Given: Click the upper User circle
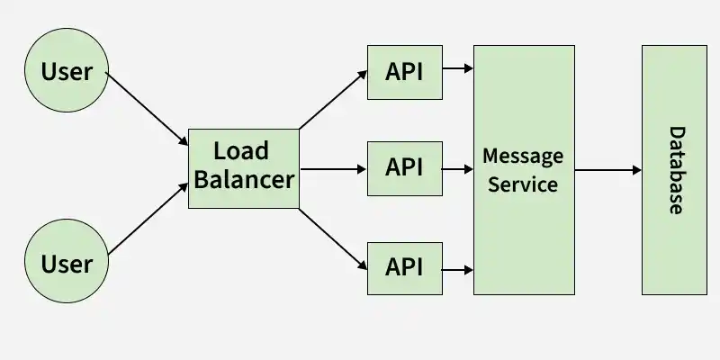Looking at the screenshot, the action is click(x=67, y=70).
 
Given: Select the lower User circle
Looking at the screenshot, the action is click(x=67, y=261).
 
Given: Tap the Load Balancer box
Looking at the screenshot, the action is click(x=244, y=168).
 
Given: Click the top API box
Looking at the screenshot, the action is click(x=404, y=72).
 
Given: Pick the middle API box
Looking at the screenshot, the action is click(x=404, y=168).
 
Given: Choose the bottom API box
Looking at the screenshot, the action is click(x=404, y=268).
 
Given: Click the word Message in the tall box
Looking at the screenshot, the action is click(x=523, y=157).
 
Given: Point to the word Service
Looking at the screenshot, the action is click(x=523, y=184).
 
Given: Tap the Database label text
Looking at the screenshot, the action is click(x=676, y=170).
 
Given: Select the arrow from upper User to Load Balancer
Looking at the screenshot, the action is click(x=147, y=109).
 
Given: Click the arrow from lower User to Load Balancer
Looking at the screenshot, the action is click(x=148, y=219).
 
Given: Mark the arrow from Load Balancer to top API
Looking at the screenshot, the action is click(x=333, y=99).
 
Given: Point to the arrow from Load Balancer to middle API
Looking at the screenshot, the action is click(x=333, y=169).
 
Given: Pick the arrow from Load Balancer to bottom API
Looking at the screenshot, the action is click(x=333, y=239).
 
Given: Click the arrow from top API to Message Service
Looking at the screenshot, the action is click(x=458, y=68).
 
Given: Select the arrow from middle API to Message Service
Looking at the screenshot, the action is click(x=457, y=169).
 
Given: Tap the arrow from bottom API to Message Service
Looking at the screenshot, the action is click(x=457, y=270).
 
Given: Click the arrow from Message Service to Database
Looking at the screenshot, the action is click(x=608, y=170).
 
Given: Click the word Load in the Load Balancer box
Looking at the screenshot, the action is click(x=241, y=151).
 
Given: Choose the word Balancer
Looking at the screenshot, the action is click(x=244, y=179).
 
